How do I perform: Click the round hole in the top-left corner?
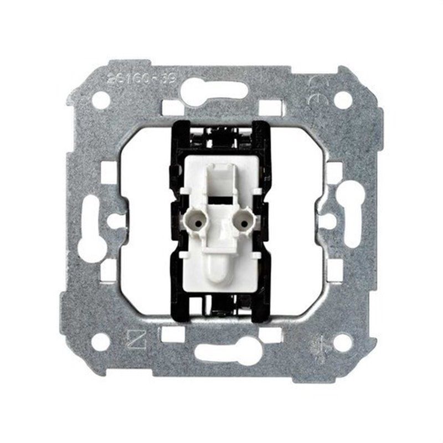(101, 100)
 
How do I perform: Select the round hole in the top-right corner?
(343, 100)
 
